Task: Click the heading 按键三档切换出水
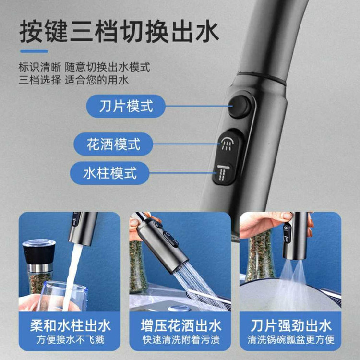(x=119, y=31)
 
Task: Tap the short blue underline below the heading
(x=34, y=51)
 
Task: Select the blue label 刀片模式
(x=126, y=106)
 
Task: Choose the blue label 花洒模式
(x=113, y=144)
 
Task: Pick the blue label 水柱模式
(x=110, y=173)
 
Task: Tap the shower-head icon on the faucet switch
(x=227, y=144)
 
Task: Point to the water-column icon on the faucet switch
(x=223, y=173)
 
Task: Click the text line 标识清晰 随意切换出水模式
(x=84, y=67)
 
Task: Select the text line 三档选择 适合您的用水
(x=73, y=80)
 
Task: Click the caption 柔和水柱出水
(x=70, y=325)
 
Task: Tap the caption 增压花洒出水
(x=181, y=325)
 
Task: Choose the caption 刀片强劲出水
(x=291, y=325)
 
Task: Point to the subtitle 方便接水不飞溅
(x=70, y=340)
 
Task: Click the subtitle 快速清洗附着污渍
(x=181, y=340)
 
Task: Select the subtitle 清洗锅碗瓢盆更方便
(x=291, y=340)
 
